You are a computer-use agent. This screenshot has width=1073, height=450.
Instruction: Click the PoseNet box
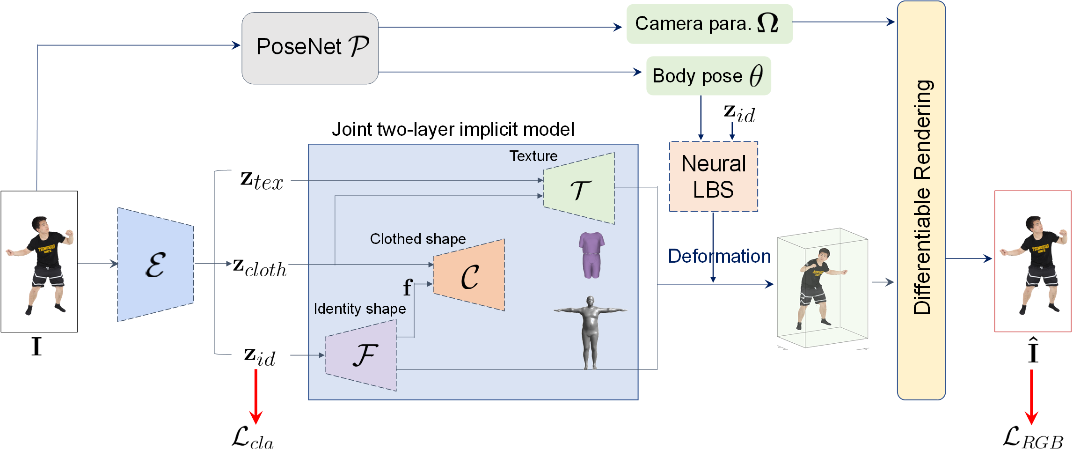(310, 48)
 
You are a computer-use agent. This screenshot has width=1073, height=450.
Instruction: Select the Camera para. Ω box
(709, 24)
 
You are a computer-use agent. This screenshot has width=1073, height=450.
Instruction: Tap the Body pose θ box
(708, 76)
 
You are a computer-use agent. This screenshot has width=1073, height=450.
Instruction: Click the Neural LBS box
(713, 177)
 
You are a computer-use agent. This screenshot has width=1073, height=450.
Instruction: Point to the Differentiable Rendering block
(921, 200)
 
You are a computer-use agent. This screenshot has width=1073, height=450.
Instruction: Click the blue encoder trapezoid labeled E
(155, 265)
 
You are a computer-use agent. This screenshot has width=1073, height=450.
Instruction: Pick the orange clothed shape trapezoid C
(469, 275)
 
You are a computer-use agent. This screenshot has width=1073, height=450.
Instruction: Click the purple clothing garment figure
(591, 255)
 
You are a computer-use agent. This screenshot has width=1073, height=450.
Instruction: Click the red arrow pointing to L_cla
(255, 396)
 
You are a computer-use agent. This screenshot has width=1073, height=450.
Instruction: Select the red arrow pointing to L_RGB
(1031, 396)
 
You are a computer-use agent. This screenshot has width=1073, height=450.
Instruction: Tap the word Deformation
(719, 256)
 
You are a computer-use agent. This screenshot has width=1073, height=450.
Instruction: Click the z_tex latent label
(262, 181)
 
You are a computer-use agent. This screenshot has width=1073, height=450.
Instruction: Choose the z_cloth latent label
(260, 267)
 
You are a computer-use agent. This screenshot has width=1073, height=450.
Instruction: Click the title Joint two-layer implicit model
(453, 129)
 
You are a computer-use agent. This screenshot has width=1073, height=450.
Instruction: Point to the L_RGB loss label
(1033, 437)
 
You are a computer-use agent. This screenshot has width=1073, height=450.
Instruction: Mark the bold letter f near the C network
(407, 287)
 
